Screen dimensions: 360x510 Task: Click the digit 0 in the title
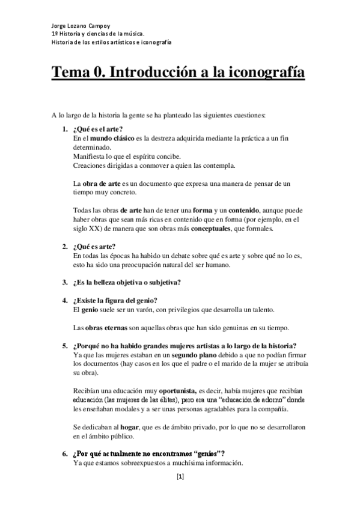[x=99, y=73]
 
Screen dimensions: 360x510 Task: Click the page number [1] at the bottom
[x=180, y=477]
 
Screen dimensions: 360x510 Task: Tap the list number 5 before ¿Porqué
[x=64, y=346]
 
